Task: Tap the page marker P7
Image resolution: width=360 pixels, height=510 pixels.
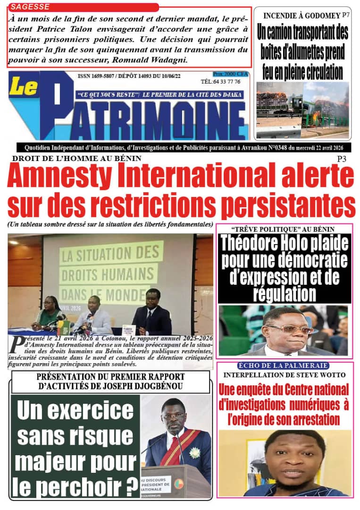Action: [x=346, y=15]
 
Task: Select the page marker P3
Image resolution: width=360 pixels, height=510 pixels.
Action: [x=342, y=160]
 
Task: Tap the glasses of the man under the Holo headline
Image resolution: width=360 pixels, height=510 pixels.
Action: [x=289, y=329]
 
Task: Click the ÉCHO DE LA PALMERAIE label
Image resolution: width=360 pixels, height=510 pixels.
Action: [x=283, y=365]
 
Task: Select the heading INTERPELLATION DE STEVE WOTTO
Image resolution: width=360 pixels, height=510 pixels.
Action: [x=284, y=375]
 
